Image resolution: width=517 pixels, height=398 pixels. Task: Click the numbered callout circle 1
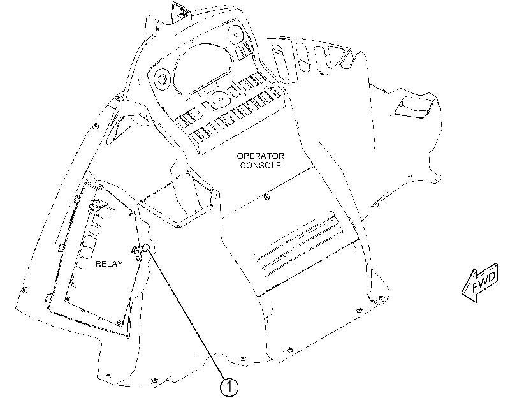point(229,386)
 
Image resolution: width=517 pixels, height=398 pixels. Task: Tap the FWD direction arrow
point(480,283)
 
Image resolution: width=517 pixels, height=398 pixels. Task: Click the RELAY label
point(109,263)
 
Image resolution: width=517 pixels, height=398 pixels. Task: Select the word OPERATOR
point(261,156)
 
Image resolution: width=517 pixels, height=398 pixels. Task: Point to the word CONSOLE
point(261,165)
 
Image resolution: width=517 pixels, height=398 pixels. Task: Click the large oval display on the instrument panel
point(202,68)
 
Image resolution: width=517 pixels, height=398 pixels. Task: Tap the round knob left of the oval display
point(161,79)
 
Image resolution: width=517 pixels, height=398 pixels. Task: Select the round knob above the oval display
point(235,34)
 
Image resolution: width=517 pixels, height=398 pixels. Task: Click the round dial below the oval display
point(219,99)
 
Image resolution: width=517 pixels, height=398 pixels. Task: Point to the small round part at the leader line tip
point(146,248)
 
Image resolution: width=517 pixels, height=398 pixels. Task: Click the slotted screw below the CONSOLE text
point(267,197)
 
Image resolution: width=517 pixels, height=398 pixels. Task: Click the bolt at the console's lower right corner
point(380,299)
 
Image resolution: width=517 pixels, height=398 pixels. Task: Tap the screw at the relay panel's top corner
point(99,189)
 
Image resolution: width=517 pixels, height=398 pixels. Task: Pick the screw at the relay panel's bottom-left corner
point(68,299)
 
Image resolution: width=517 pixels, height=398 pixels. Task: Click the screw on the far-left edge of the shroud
point(24,290)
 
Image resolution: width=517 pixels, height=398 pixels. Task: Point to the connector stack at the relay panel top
point(94,207)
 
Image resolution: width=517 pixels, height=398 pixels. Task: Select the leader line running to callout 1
point(187,315)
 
